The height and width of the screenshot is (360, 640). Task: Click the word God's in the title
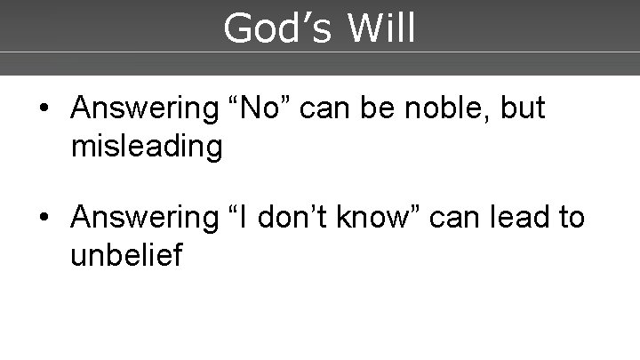pyautogui.click(x=277, y=28)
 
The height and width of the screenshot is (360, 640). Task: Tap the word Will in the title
pyautogui.click(x=382, y=28)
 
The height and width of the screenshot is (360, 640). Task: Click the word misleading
pyautogui.click(x=147, y=146)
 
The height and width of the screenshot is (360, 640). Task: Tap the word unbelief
pyautogui.click(x=126, y=255)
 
